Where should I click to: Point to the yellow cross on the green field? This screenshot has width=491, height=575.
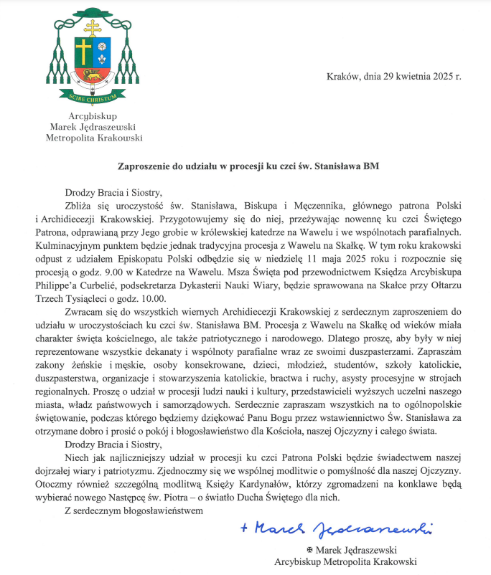tap(83, 50)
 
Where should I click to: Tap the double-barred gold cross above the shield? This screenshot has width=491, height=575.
tap(91, 26)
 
